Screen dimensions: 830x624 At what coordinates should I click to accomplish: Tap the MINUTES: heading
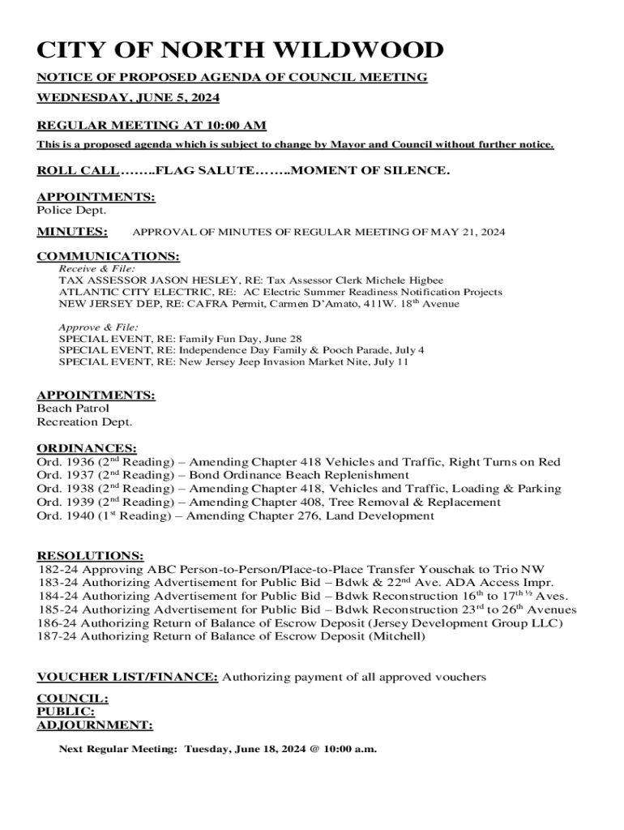click(72, 232)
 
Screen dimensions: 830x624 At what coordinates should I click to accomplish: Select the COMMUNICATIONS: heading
click(109, 256)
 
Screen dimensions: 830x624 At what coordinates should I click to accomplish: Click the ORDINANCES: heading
click(87, 448)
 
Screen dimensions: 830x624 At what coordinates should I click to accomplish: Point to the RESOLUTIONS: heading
click(91, 555)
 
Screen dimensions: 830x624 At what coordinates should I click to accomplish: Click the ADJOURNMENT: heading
click(95, 725)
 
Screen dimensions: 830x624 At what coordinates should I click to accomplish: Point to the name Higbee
click(424, 280)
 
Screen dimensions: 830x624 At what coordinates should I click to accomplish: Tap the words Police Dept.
click(71, 211)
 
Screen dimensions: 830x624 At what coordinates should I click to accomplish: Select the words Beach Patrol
click(73, 409)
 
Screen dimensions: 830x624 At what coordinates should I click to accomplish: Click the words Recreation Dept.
click(84, 421)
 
